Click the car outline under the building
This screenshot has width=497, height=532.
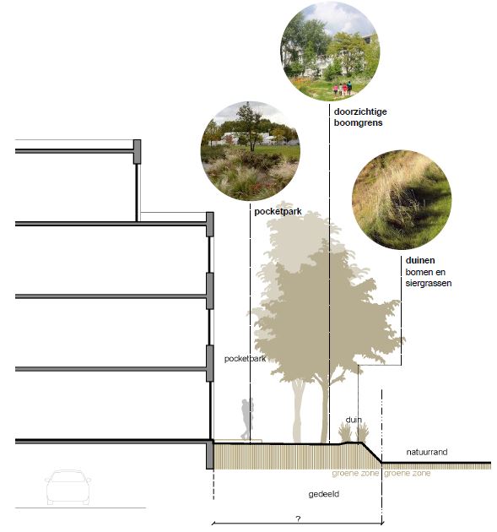click(68, 487)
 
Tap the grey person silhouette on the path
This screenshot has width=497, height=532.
click(246, 420)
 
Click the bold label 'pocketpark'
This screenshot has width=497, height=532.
click(278, 211)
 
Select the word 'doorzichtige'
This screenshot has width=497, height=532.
click(360, 111)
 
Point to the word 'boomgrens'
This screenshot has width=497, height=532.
click(358, 122)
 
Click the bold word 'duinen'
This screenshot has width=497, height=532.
click(420, 260)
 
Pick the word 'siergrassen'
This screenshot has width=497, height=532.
click(429, 283)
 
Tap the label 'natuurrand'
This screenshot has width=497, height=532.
click(427, 452)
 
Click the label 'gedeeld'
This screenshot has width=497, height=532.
click(324, 494)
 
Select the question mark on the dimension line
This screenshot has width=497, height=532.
click(298, 518)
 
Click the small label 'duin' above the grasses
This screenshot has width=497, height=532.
click(354, 420)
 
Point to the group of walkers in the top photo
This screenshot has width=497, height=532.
click(343, 89)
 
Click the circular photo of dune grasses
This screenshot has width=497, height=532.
click(402, 199)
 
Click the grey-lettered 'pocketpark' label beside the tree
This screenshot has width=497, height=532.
click(245, 359)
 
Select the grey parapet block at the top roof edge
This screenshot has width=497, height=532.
click(137, 151)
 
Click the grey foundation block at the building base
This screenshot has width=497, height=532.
click(210, 454)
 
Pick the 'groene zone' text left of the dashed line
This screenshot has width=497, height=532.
click(355, 473)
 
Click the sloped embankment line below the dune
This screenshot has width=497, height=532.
click(372, 453)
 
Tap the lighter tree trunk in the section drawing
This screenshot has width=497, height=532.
click(298, 410)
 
